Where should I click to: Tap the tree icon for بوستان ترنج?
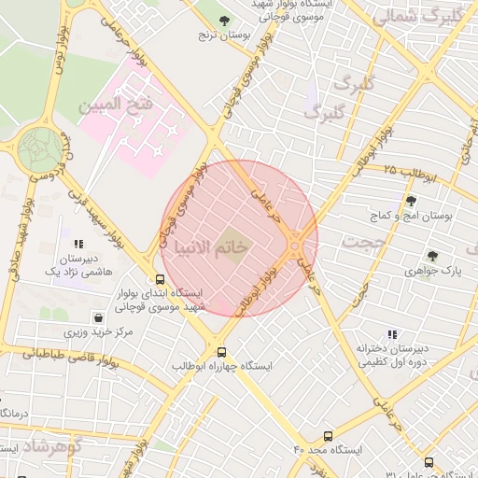pos(223,20)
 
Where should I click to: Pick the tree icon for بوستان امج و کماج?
pos(411,201)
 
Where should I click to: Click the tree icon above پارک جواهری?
pos(431,255)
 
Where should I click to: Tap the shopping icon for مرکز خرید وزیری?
pos(98,317)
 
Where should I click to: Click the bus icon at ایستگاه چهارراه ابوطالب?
pos(221,352)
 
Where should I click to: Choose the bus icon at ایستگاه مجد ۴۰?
pos(328,436)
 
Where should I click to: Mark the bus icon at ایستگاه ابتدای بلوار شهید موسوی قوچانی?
pos(161,278)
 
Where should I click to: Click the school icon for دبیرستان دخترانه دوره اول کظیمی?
pos(391,334)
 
